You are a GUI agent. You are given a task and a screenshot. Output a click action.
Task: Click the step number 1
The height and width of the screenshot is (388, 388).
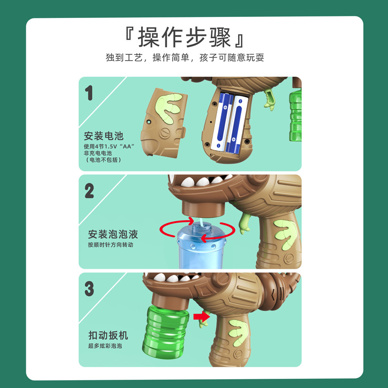tap(89, 93)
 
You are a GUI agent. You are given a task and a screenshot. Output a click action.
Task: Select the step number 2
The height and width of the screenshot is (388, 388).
tap(89, 191)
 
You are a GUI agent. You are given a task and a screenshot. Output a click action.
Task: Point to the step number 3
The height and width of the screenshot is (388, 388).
tap(89, 289)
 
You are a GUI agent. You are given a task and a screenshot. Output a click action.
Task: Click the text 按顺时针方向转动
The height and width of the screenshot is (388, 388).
tap(110, 245)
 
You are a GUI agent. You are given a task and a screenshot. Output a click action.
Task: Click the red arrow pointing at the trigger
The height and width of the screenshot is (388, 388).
tap(198, 317)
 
